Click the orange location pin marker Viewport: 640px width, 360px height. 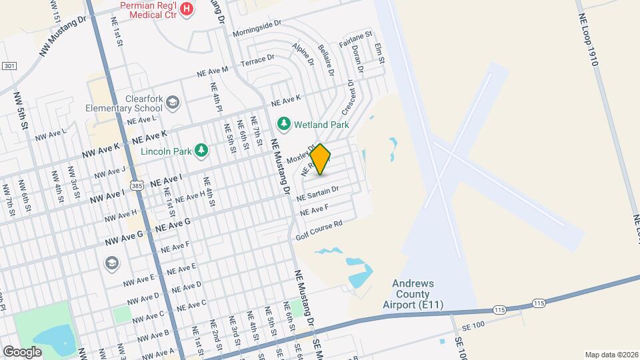click(321, 159)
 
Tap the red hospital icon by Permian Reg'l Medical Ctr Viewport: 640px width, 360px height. click(187, 9)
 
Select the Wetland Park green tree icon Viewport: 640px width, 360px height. click(284, 124)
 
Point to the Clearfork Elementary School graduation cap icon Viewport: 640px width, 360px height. click(173, 102)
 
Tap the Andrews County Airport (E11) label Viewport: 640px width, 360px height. click(409, 294)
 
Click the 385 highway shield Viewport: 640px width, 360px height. click(136, 184)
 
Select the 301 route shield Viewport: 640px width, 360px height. click(9, 66)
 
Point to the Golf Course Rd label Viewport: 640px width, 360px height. click(319, 231)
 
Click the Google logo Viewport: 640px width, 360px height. click(22, 351)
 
